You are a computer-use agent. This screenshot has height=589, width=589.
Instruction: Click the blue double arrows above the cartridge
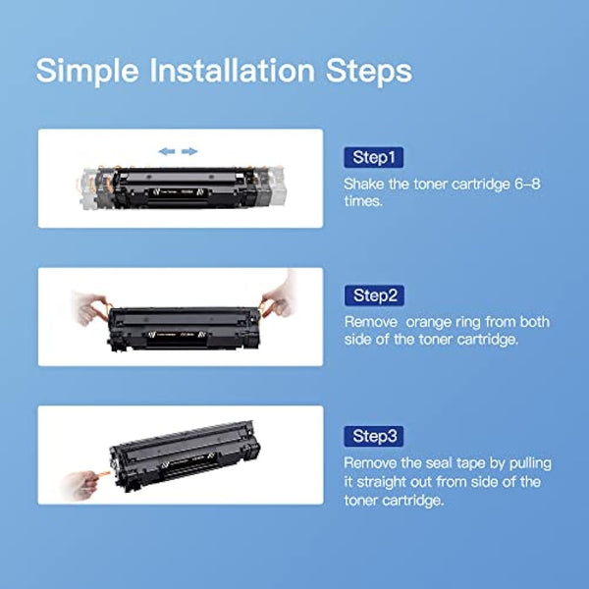(178, 151)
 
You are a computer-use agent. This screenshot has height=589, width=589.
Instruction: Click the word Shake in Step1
(365, 184)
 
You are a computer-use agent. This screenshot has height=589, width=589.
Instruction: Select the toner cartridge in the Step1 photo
(182, 187)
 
